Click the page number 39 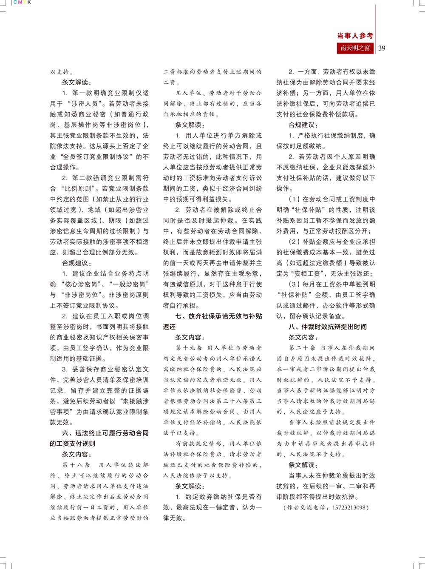point(382,48)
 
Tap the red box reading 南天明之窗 point(355,48)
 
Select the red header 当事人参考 point(355,36)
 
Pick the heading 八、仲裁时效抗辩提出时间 point(327,327)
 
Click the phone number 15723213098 point(346,507)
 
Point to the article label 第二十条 point(302,348)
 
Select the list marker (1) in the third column point(295,199)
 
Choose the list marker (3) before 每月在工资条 point(295,284)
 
